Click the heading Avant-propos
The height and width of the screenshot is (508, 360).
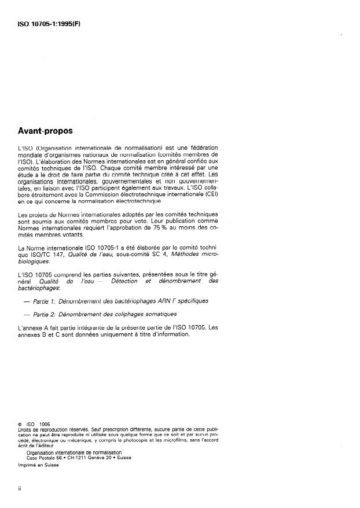click(x=46, y=132)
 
